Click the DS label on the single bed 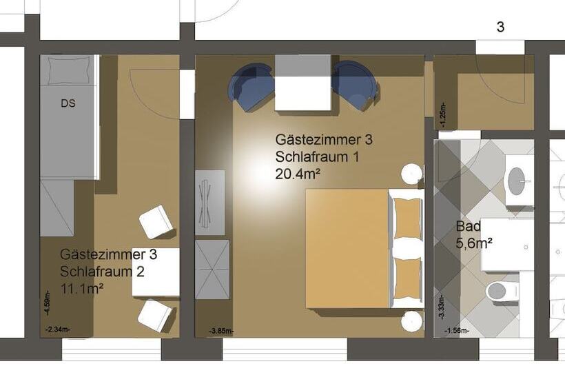click(x=68, y=104)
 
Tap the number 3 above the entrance click(x=500, y=28)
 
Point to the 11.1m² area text click(x=81, y=288)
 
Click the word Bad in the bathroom click(x=468, y=226)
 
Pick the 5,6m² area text click(x=474, y=243)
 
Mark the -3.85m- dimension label click(x=221, y=332)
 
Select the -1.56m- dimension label click(x=457, y=332)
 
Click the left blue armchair click(x=251, y=86)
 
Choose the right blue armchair click(x=354, y=85)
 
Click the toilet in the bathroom click(x=502, y=291)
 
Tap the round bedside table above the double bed click(x=413, y=174)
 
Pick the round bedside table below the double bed click(x=413, y=321)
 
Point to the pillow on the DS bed click(x=68, y=70)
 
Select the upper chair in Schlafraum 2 click(x=156, y=222)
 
